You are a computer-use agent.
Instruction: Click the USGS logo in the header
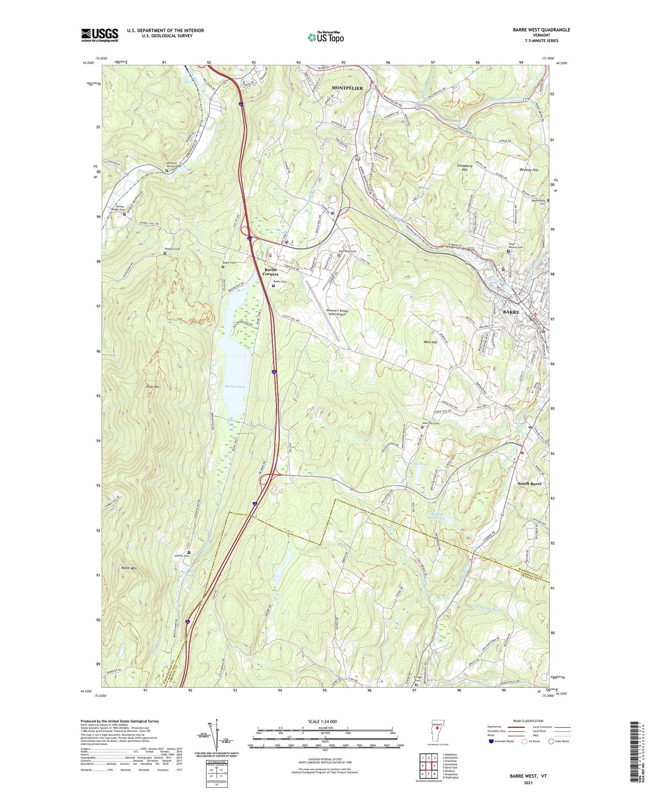(x=100, y=35)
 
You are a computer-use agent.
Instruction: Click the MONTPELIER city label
(x=347, y=88)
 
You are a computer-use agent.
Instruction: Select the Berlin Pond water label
(x=234, y=387)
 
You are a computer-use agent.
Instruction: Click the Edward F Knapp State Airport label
(x=336, y=312)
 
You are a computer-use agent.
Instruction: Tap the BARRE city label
(x=511, y=312)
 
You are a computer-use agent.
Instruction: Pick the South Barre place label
(x=529, y=484)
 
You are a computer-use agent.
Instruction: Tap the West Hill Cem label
(x=431, y=423)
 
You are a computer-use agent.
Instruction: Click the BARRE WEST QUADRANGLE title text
(x=541, y=30)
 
